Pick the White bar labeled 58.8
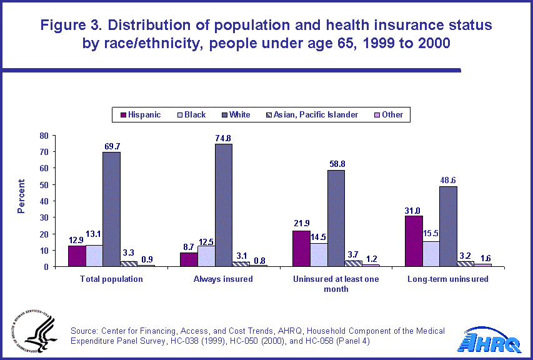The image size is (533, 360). pos(336,218)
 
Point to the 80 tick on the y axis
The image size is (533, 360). pos(44,136)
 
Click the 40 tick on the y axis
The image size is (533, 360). pos(44,201)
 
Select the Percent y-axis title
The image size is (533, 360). pos(21,197)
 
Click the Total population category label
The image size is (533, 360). pos(111,279)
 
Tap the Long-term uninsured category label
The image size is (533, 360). pos(447,279)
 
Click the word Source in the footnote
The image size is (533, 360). pos(85,331)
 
